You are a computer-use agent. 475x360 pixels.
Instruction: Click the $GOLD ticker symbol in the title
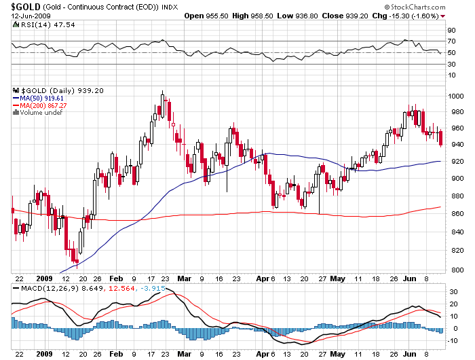pyautogui.click(x=21, y=6)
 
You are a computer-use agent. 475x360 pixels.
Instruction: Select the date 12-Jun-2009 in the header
pyautogui.click(x=23, y=15)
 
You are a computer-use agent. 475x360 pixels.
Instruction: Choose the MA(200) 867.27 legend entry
pyautogui.click(x=39, y=105)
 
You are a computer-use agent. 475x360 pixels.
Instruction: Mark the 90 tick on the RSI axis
pyautogui.click(x=451, y=31)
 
